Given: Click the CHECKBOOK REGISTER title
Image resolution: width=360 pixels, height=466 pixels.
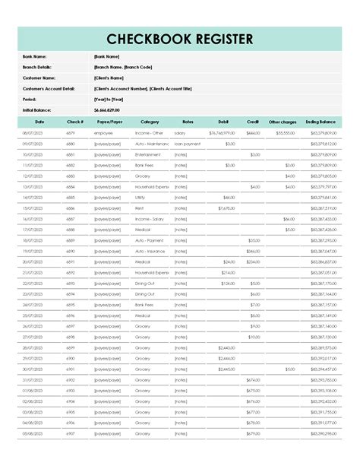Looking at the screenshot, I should [x=180, y=39].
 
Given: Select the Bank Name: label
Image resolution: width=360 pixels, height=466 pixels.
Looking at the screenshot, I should [x=36, y=56].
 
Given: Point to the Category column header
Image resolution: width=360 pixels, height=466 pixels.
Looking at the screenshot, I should [x=150, y=122].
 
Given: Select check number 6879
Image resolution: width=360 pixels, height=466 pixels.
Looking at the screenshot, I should [x=71, y=133].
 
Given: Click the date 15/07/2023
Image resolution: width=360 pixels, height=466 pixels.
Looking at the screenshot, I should [x=33, y=208].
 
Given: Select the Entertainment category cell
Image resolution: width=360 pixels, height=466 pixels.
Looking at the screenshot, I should [x=148, y=154].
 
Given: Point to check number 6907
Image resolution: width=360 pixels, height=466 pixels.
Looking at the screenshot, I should [x=71, y=433].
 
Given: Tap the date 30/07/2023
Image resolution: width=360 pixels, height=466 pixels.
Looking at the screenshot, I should [x=33, y=369].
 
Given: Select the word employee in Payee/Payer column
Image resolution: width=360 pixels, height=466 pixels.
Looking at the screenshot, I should [x=103, y=133].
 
